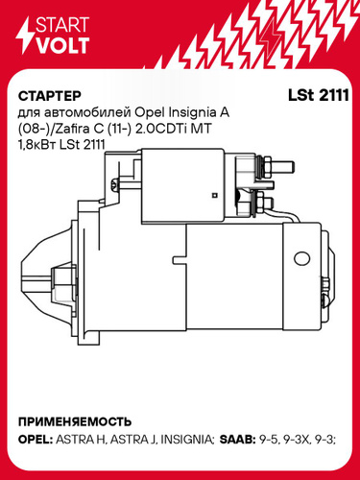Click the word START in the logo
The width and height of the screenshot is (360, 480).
62,24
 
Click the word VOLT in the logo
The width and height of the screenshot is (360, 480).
62,45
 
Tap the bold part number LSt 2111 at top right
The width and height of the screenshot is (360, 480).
318,95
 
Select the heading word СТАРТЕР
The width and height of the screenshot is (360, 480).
50,96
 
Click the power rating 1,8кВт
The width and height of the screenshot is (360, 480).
37,145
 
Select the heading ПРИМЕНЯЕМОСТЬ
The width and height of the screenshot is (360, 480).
75,421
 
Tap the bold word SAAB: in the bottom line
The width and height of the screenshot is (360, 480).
237,440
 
